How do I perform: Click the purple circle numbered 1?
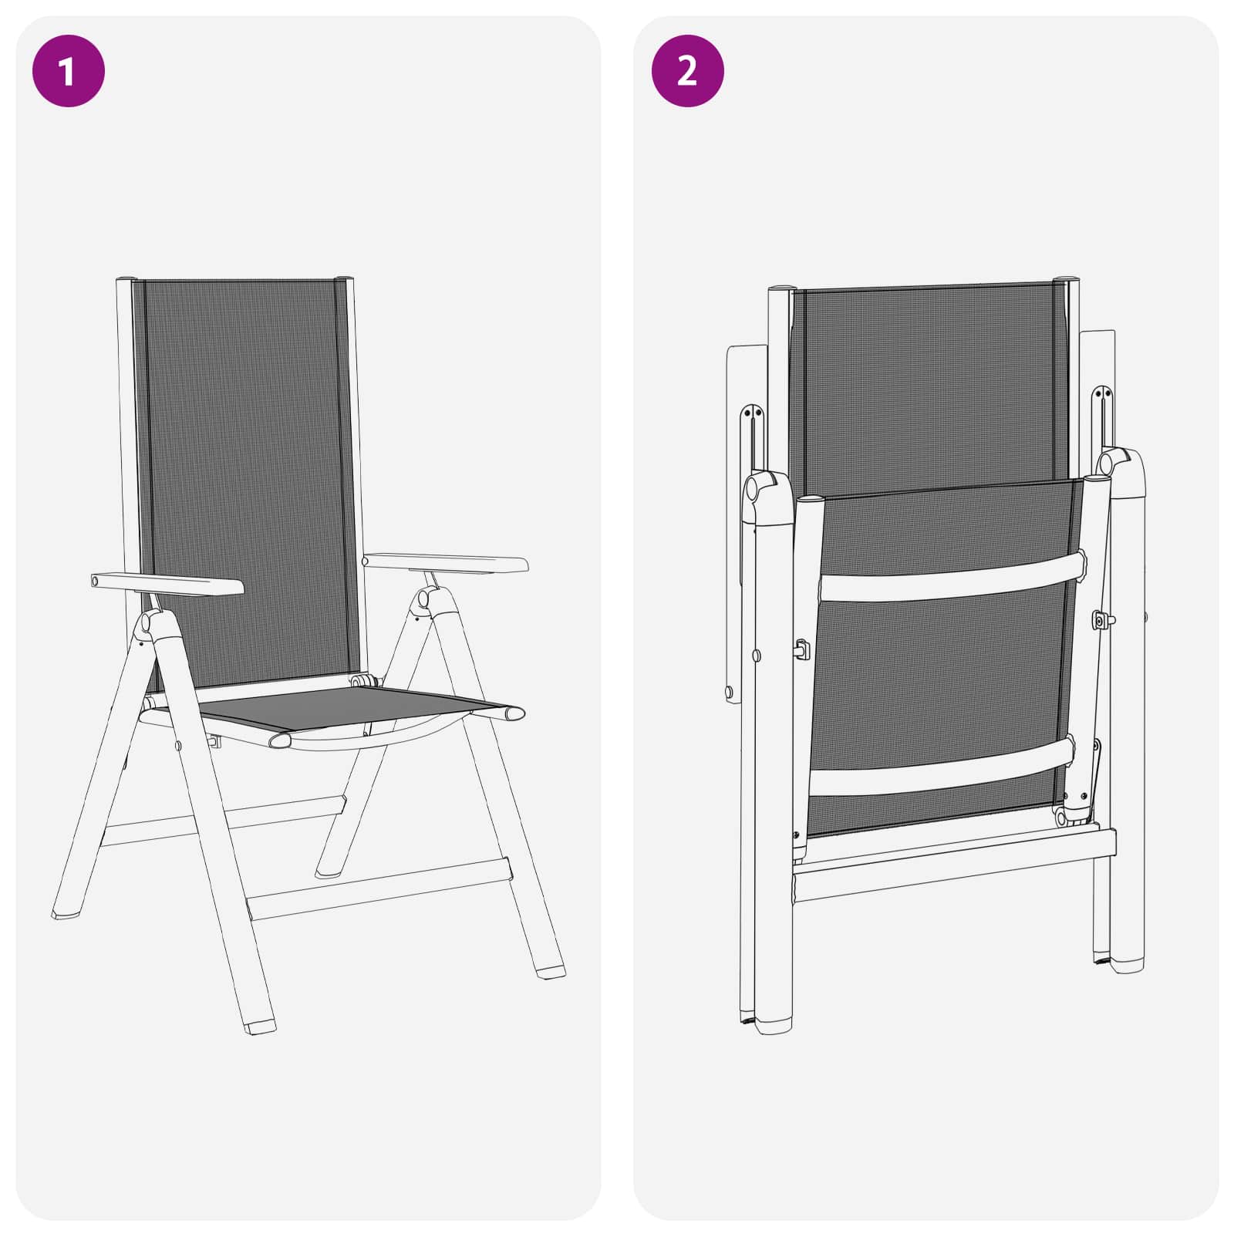[68, 71]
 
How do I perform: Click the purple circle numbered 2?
[687, 71]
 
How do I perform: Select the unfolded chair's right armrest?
[446, 564]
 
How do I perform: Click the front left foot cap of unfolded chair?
[259, 1027]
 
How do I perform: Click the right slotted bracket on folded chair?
[1103, 420]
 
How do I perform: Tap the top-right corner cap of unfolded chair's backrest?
[344, 277]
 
